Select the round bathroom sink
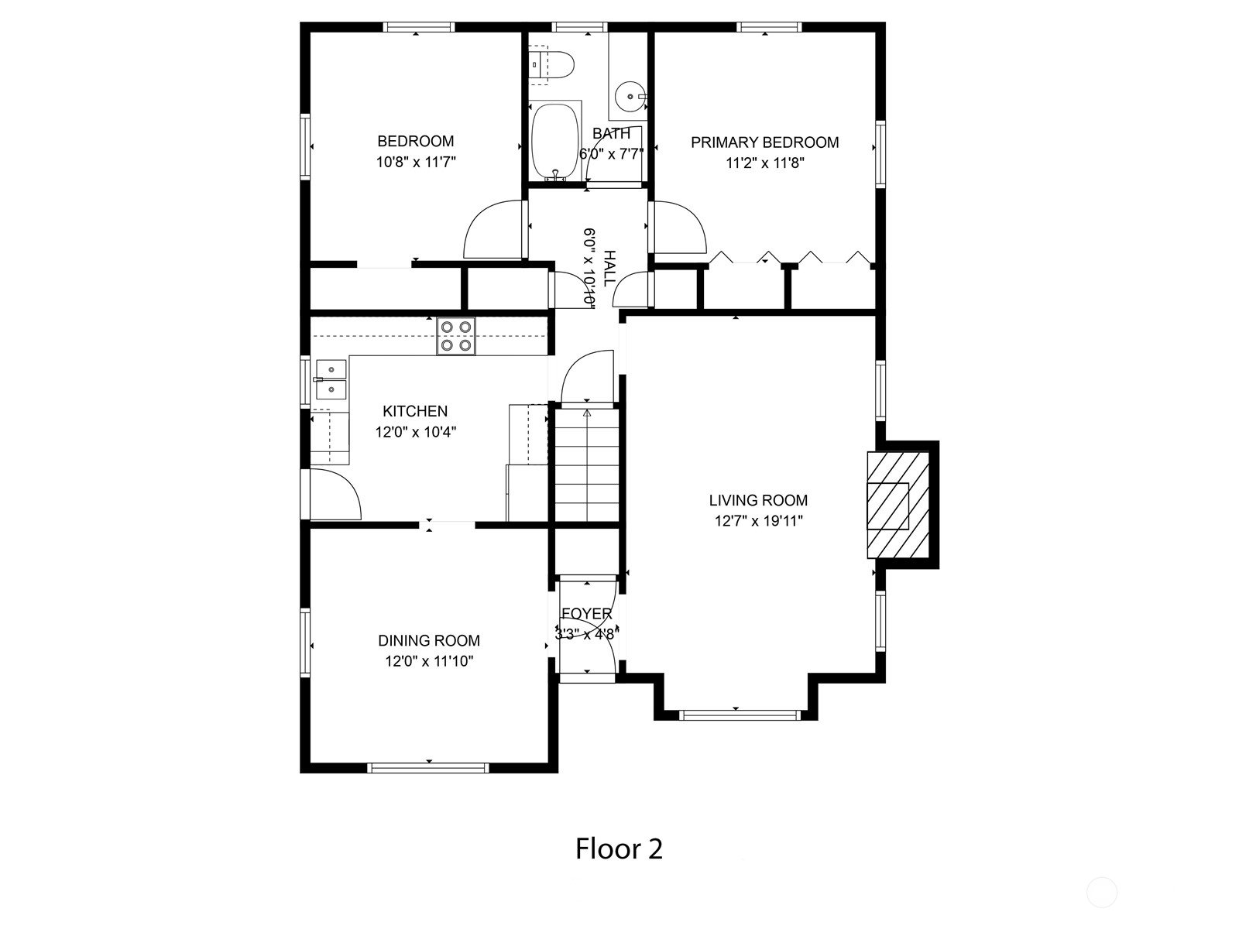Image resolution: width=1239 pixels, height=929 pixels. (x=630, y=97)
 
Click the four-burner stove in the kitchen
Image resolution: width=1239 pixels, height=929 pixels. (x=456, y=336)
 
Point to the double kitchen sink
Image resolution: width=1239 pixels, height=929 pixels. (x=331, y=379)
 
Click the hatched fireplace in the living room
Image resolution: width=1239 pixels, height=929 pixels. (x=898, y=506)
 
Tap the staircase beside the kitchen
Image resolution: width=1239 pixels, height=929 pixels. (x=587, y=465)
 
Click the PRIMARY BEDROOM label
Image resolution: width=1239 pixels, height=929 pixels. (x=765, y=142)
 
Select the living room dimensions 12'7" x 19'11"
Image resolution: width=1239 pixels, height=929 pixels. (x=759, y=520)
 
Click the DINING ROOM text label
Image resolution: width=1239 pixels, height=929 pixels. (x=429, y=641)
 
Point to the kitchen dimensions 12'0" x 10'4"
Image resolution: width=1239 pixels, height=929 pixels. (x=416, y=432)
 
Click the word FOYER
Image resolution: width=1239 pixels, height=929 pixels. (x=587, y=614)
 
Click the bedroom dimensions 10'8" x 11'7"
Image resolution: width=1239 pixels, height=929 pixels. (x=416, y=163)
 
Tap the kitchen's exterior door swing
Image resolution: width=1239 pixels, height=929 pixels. (x=335, y=494)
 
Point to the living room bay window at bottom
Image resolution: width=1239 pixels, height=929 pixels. (x=740, y=715)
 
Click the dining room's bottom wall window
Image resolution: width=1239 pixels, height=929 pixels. (x=428, y=768)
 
